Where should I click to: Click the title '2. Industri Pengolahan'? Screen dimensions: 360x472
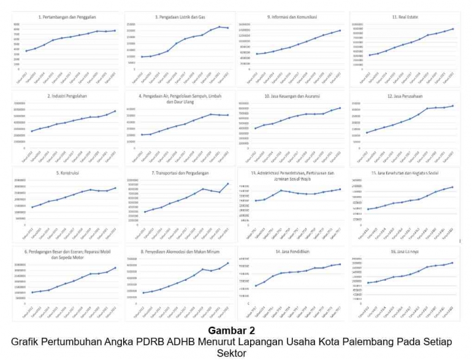[66, 96]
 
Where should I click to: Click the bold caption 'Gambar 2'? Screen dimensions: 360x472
[235, 332]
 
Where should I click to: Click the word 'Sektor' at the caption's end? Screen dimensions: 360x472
[235, 353]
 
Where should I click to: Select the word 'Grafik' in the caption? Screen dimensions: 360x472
[27, 342]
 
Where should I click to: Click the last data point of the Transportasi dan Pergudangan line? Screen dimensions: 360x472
[227, 183]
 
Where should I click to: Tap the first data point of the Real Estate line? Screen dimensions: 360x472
[370, 55]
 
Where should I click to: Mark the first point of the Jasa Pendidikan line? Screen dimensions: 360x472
[256, 286]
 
